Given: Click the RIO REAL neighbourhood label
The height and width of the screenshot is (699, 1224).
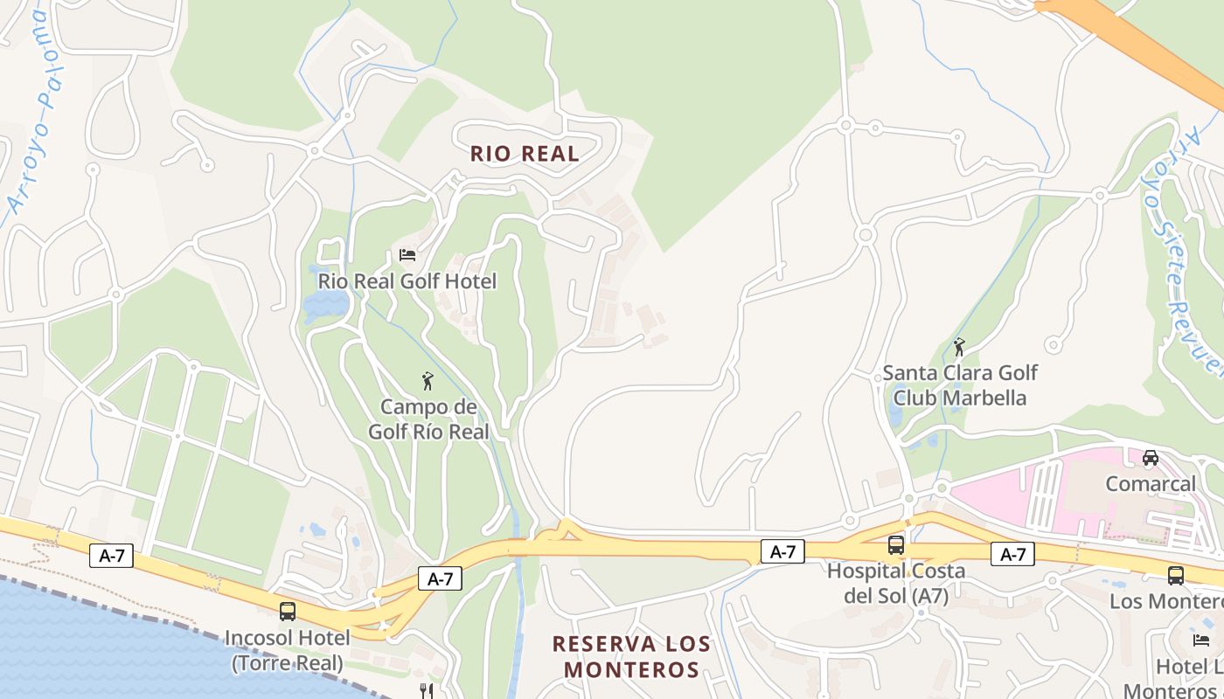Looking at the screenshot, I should (x=525, y=154).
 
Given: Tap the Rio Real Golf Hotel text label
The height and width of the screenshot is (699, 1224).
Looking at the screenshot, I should (x=407, y=281).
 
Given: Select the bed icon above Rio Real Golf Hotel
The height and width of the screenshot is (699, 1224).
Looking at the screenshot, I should (x=407, y=255).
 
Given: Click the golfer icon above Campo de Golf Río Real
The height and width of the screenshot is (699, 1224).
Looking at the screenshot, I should (x=428, y=381).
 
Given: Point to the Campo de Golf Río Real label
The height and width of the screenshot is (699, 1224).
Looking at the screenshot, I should (x=428, y=419).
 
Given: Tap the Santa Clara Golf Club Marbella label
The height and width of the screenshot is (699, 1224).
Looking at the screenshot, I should (x=959, y=385).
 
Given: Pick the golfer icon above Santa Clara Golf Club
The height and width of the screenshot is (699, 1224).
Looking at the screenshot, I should (x=959, y=347).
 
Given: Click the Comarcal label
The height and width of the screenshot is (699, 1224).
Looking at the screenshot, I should (x=1151, y=484).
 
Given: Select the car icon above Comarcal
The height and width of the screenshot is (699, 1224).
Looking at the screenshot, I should (x=1151, y=458).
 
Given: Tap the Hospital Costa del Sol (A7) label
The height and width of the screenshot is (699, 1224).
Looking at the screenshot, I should (x=896, y=584).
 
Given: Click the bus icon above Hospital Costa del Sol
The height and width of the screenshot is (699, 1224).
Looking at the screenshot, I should (x=896, y=545).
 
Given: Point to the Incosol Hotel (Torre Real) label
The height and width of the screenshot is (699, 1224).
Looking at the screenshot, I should (x=288, y=650).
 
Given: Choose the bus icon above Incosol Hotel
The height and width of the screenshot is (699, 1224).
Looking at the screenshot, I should (x=288, y=612).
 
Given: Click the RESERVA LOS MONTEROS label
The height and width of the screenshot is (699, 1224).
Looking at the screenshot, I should (x=631, y=657).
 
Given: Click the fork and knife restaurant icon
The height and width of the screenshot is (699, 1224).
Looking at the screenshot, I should (x=427, y=690).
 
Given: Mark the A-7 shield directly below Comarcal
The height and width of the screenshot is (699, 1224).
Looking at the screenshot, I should (x=1012, y=554).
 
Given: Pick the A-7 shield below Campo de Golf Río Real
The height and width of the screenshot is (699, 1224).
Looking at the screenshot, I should (x=440, y=578).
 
